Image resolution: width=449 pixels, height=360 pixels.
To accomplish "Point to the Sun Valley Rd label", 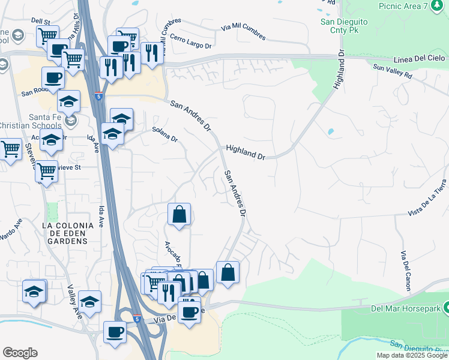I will tap(393, 72).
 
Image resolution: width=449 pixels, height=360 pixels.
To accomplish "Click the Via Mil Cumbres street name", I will tap(243, 32).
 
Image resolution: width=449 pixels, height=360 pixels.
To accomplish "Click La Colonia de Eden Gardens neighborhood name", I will tap(68, 233).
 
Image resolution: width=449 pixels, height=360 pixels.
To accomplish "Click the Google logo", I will tap(20, 352).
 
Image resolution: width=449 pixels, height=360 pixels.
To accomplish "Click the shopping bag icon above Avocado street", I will tap(179, 214).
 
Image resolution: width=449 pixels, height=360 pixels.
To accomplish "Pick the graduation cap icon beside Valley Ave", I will tap(89, 301).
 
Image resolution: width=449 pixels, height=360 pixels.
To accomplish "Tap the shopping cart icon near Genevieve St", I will tap(46, 171).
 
